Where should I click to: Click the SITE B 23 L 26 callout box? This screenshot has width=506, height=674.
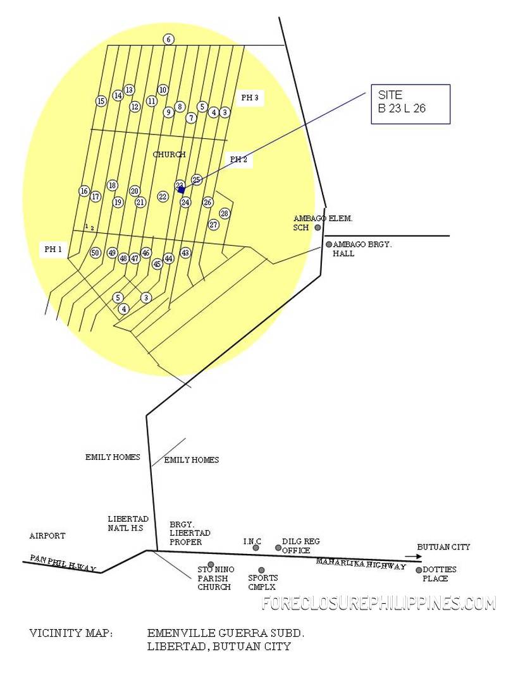[x=410, y=104]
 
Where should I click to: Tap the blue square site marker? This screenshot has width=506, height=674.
[x=182, y=190]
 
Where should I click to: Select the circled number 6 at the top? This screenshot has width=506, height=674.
[x=168, y=39]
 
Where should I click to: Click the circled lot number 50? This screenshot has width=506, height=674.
[x=96, y=253]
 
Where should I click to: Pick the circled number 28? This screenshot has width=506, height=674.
[x=225, y=214]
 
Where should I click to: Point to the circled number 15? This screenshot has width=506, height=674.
[x=101, y=101]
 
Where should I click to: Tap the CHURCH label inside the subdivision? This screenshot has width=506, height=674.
[x=169, y=154]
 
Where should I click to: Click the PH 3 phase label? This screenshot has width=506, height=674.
[x=249, y=98]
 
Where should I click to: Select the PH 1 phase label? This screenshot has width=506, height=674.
[x=53, y=250]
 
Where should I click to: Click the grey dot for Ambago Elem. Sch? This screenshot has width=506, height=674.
[x=318, y=227]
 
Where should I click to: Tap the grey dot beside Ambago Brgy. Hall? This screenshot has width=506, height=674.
[x=329, y=244]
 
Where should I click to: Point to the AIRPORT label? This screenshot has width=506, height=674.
[x=47, y=536]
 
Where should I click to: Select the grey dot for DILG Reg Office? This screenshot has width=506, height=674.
[x=278, y=548]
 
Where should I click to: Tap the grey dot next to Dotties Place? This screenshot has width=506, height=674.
[x=419, y=570]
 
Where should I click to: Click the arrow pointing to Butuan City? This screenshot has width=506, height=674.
[x=412, y=557]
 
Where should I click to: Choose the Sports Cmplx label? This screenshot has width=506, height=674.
[x=262, y=582]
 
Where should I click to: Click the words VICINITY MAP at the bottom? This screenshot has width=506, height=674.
[x=71, y=632]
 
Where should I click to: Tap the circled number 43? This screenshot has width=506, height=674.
[x=185, y=253]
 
